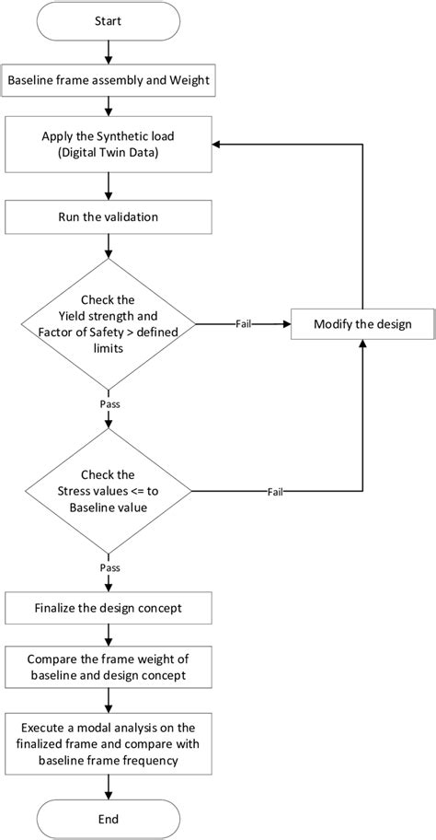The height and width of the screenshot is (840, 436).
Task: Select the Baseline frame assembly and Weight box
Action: [109, 81]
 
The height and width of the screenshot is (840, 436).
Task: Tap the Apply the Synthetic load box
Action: [109, 145]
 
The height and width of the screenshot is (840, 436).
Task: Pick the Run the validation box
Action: [109, 218]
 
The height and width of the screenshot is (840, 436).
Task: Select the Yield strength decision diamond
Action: [109, 325]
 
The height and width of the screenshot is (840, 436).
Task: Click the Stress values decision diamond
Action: [109, 491]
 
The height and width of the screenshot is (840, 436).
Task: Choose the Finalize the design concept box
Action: [109, 607]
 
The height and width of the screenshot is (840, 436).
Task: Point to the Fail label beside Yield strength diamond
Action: [244, 324]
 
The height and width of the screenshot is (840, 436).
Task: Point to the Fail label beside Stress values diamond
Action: [275, 491]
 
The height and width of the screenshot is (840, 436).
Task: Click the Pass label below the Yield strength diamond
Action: [109, 402]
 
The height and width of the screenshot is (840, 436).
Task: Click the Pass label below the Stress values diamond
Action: [109, 569]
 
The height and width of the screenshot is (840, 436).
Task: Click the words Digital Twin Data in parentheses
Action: [109, 153]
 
